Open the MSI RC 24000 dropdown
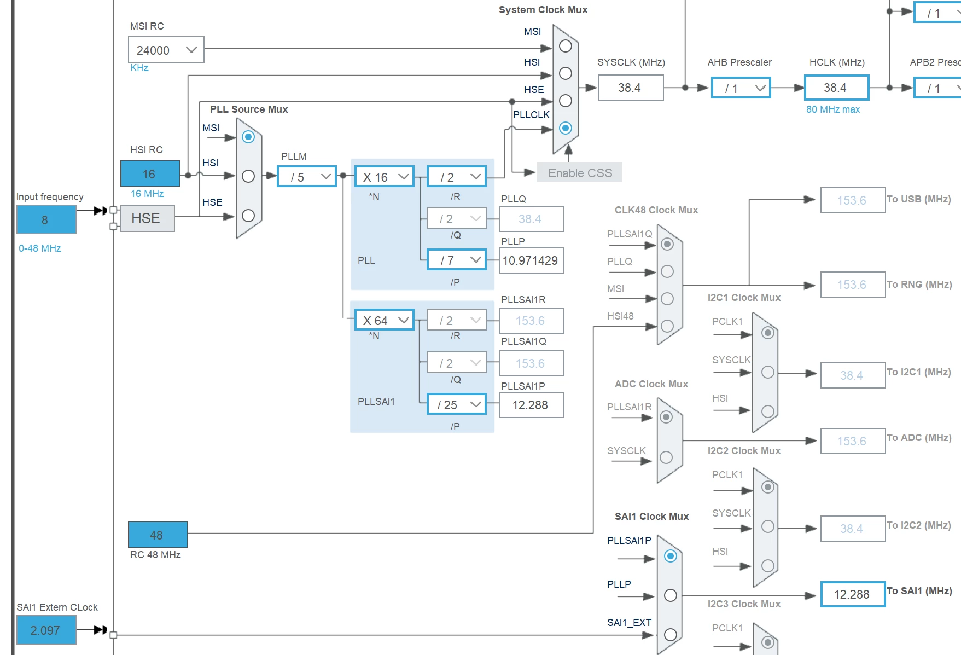pyautogui.click(x=166, y=50)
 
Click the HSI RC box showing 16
pyautogui.click(x=150, y=173)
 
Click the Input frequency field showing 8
pyautogui.click(x=46, y=219)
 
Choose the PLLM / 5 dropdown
pyautogui.click(x=307, y=176)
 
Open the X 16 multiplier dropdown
pyautogui.click(x=385, y=176)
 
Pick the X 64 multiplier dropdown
pyautogui.click(x=385, y=320)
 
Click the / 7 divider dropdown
pyautogui.click(x=457, y=259)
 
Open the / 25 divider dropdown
pyautogui.click(x=457, y=404)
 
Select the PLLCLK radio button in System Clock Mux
pyautogui.click(x=566, y=128)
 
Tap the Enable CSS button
pyautogui.click(x=580, y=172)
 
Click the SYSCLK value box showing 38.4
pyautogui.click(x=631, y=88)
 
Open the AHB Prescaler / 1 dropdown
pyautogui.click(x=741, y=88)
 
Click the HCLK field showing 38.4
pyautogui.click(x=837, y=88)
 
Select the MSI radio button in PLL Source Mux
pyautogui.click(x=248, y=137)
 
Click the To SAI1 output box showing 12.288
pyautogui.click(x=853, y=594)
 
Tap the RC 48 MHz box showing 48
pyautogui.click(x=158, y=535)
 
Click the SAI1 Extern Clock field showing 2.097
pyautogui.click(x=46, y=630)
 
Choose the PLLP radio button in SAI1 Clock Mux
pyautogui.click(x=671, y=595)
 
